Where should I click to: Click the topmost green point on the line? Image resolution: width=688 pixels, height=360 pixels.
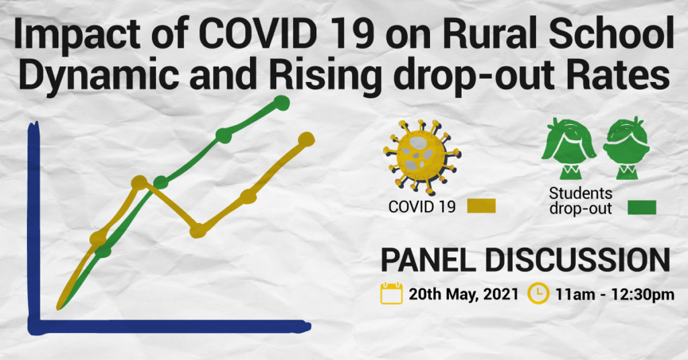(x=282, y=103)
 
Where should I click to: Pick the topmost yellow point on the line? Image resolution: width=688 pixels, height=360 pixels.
(x=306, y=140)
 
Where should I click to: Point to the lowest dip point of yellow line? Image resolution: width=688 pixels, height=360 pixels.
(x=198, y=230)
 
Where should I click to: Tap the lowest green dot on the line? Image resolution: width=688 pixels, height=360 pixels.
(x=103, y=251)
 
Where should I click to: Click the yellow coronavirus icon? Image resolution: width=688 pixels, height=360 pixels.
(x=421, y=156)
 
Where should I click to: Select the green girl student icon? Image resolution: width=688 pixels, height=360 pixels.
(x=568, y=148)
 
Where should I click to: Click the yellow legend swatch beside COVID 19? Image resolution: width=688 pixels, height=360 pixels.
(x=481, y=206)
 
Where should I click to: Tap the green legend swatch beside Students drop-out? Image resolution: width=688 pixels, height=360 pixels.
(x=642, y=208)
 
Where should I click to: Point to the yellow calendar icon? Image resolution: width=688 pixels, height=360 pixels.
(x=392, y=294)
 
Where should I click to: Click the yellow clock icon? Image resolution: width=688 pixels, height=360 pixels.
(x=538, y=294)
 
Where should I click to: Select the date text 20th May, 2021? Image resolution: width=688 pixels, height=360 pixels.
(x=464, y=294)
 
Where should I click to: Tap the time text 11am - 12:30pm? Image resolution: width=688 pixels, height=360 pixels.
(x=615, y=294)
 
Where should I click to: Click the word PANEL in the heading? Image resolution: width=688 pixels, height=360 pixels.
(x=428, y=261)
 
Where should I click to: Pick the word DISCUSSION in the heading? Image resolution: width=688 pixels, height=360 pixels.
(x=577, y=261)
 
